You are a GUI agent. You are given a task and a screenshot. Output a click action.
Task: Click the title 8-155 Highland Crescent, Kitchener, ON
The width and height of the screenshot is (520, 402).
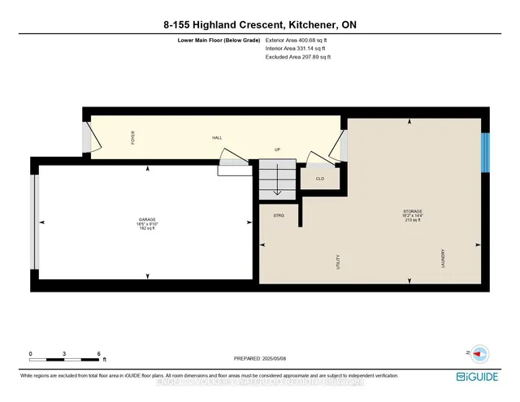pos(260,25)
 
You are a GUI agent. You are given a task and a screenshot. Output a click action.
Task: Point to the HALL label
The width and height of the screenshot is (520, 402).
pos(217,138)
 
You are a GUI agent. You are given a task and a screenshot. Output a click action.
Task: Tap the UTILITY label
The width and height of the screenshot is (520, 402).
pos(337,262)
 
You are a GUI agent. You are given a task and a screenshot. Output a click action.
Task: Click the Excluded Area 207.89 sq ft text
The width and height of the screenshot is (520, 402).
pos(298,58)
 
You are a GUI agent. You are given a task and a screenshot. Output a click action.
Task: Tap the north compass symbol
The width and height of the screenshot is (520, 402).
pos(479,353)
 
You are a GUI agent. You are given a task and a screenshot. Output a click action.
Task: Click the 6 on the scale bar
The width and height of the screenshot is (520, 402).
pos(98,355)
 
